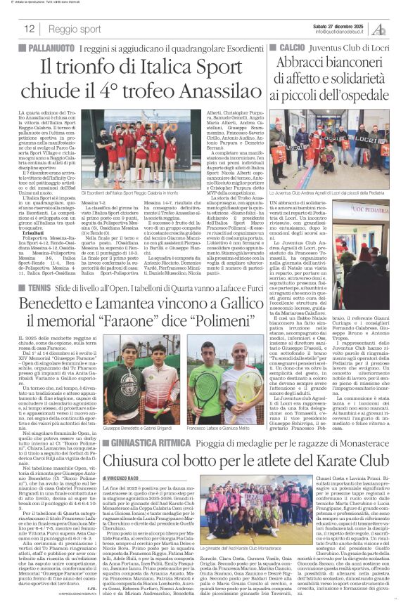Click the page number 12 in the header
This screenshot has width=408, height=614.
point(30,29)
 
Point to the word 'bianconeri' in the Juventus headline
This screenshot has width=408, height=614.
point(353,61)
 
